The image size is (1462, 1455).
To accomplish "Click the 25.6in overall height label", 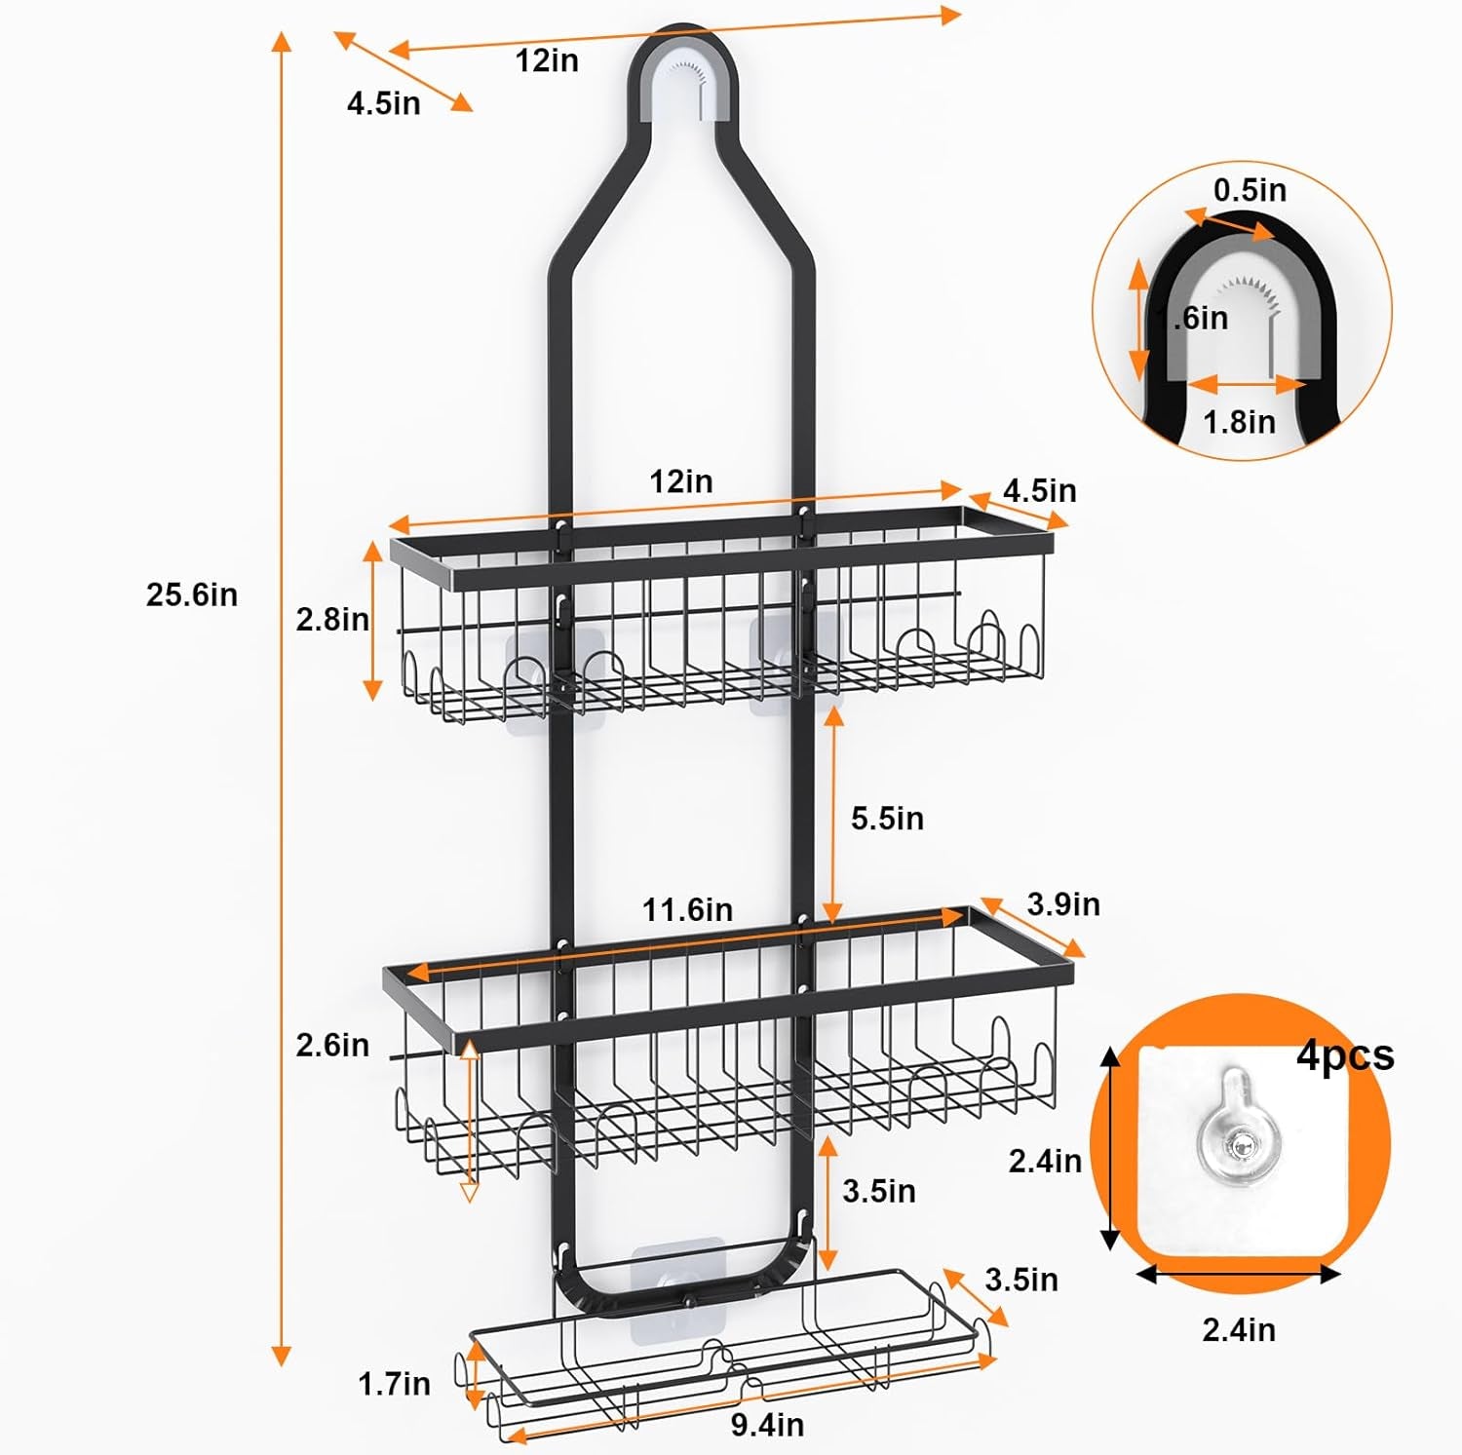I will point(191,594).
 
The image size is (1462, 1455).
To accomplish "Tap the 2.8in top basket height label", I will point(332,619).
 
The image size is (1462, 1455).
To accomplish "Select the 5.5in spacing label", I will point(887,819).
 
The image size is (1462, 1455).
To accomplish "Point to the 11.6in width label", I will point(686,909).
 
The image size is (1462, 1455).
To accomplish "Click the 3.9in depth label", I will point(1062,904).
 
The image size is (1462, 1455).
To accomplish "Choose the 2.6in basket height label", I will point(332,1045).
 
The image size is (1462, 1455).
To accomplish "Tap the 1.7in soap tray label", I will point(394,1383).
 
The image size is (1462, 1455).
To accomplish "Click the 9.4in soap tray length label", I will point(767,1425).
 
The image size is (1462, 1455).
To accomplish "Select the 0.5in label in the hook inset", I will point(1250,190).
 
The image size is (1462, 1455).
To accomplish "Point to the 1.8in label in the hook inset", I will point(1239,422).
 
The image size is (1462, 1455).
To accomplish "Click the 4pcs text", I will point(1345,1054).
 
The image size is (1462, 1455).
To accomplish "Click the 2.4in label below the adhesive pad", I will point(1238,1329).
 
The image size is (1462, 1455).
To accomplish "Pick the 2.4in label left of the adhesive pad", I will point(1045,1161).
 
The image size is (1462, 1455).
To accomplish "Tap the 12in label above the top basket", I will point(680,481).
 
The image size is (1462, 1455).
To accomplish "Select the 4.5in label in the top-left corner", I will point(383,102).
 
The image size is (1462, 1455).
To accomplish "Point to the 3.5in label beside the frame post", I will point(878,1191).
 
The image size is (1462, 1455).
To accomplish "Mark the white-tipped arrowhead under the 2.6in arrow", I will point(469,1192).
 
